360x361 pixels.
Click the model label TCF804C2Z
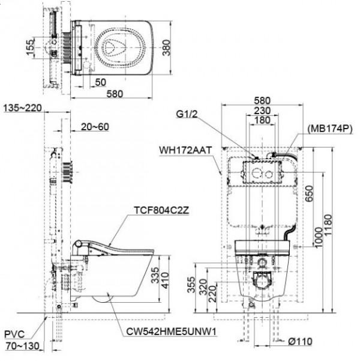click(161, 210)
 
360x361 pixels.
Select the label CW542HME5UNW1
click(172, 332)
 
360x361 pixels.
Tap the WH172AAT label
click(185, 150)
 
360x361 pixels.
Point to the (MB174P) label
click(331, 129)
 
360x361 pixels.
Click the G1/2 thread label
click(187, 114)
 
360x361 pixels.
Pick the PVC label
click(14, 334)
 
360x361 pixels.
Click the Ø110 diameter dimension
click(300, 341)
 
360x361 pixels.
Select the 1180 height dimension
click(328, 225)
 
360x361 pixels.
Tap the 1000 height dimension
click(319, 237)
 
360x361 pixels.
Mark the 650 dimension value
click(310, 193)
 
